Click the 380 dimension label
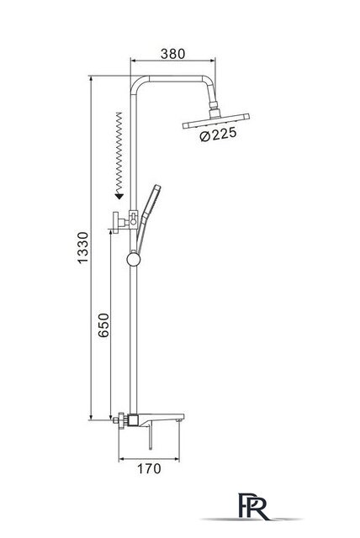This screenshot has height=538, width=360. (x=172, y=54)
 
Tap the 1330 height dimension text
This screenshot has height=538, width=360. (x=82, y=247)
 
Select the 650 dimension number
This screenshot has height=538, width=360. (x=103, y=325)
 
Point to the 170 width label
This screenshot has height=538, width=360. (x=149, y=468)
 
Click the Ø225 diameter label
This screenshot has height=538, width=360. (x=218, y=134)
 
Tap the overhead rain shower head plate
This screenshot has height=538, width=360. (x=216, y=121)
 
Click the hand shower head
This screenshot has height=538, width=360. (x=152, y=199)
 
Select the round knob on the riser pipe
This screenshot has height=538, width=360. (x=134, y=259)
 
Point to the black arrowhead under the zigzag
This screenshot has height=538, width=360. (x=119, y=196)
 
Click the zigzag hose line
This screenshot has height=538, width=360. (x=119, y=153)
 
